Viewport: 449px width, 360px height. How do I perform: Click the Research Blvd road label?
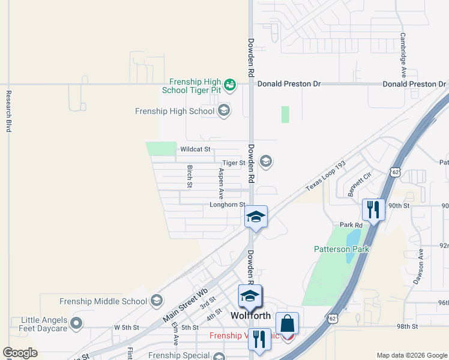pos(9,111)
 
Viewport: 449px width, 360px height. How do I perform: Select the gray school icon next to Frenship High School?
pos(224,110)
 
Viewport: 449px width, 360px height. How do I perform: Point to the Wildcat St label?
pos(196,149)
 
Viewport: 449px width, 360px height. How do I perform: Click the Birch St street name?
pos(190,176)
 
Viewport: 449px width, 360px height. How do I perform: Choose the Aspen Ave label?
pos(221,184)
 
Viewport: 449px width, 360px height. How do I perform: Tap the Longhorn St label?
pos(228,205)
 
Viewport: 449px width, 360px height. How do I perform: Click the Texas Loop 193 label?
pos(327,175)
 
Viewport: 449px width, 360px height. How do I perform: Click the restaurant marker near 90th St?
pos(373,210)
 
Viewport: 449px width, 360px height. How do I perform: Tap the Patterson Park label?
pos(342,249)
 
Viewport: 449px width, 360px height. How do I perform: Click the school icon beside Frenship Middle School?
pos(157,301)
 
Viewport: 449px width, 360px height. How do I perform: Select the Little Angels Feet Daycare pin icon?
pos(76,324)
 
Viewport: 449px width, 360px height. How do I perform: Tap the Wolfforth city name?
pos(252,316)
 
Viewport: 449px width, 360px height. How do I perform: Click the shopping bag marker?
pos(288,323)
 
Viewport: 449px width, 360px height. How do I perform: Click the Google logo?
pos(20,353)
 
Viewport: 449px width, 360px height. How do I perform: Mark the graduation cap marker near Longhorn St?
pos(256,217)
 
